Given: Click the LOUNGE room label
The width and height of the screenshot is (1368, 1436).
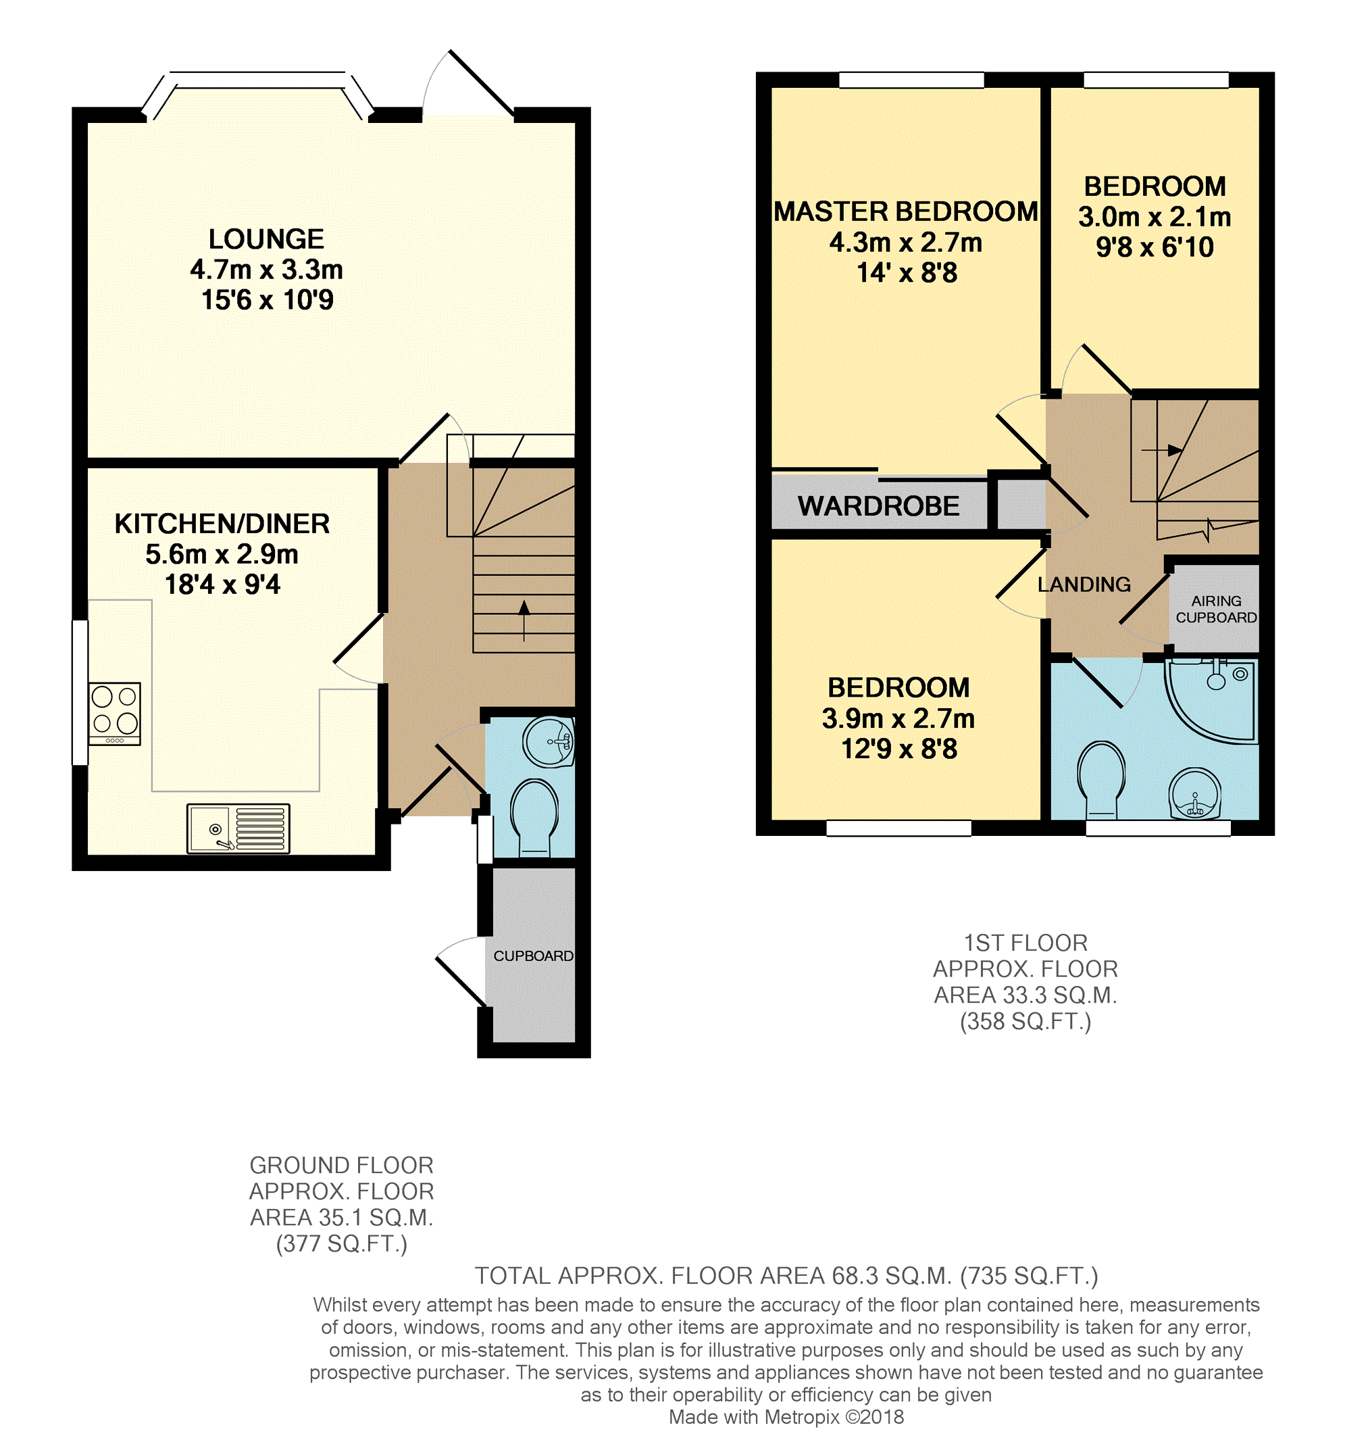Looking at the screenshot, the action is click(266, 239).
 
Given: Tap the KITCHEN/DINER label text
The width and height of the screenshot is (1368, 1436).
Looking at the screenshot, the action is click(222, 524).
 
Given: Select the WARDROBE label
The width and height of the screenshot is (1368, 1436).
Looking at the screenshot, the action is click(878, 506).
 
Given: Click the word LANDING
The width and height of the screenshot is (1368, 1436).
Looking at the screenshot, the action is click(1084, 584).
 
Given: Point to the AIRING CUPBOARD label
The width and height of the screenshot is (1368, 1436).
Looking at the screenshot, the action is click(1216, 609).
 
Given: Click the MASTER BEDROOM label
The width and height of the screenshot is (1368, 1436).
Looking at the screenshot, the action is click(906, 212).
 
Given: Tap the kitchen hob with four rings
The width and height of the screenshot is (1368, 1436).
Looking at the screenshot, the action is click(114, 713).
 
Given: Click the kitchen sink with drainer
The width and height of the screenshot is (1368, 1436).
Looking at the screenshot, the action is click(238, 828).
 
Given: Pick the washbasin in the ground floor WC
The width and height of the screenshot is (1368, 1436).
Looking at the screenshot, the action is click(549, 743).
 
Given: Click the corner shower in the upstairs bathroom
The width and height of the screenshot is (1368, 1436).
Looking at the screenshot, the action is click(1212, 701).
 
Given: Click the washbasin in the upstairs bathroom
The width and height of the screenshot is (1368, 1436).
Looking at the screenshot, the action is click(1194, 794).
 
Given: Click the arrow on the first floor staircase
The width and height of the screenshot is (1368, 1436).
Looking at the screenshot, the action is click(1162, 450).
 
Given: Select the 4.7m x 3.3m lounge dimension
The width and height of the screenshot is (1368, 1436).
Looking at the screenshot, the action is click(266, 270).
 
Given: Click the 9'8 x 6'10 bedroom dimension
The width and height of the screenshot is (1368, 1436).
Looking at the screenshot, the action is click(1155, 248).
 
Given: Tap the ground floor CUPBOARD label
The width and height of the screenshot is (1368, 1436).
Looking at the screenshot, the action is click(533, 956).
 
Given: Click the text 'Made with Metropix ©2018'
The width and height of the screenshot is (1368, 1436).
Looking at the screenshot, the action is click(786, 1417).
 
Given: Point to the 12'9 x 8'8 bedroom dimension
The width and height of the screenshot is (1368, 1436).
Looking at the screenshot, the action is click(899, 749).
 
